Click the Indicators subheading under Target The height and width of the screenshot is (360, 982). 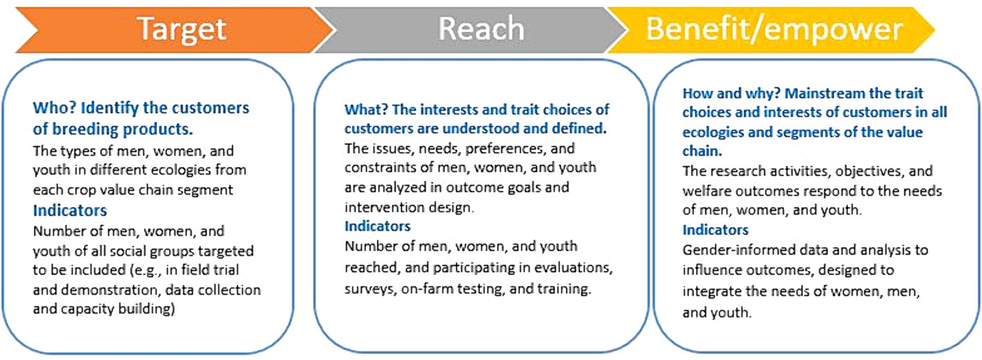click(x=70, y=210)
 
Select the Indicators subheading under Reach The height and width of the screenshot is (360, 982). click(x=377, y=226)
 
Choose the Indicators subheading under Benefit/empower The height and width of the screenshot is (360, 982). click(x=715, y=230)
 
